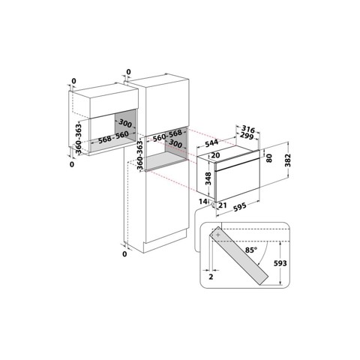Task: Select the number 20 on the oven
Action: click(x=215, y=155)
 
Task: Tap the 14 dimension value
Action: click(x=202, y=202)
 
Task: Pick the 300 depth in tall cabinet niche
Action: click(x=175, y=143)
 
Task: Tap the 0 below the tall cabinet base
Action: click(x=124, y=254)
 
